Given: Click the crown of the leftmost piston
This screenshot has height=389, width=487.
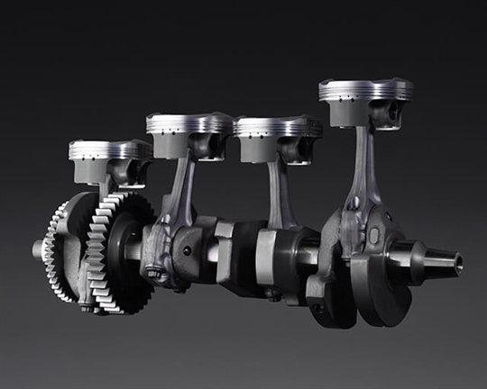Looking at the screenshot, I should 110,146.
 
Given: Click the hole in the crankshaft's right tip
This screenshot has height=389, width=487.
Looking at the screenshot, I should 457,263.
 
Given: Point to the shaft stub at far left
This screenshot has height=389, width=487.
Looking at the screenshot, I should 39,249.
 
